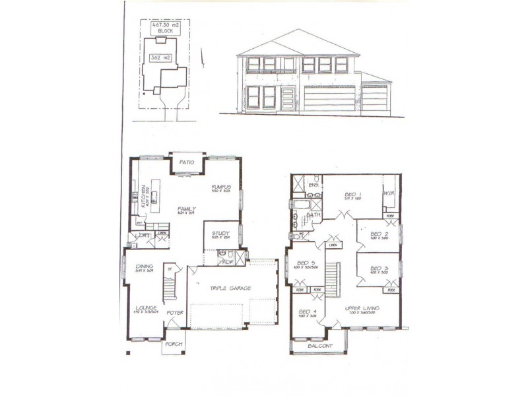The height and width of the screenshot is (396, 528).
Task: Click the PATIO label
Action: click(x=187, y=162)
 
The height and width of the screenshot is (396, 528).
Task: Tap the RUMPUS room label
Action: click(x=220, y=187)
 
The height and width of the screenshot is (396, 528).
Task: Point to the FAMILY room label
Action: click(x=187, y=209)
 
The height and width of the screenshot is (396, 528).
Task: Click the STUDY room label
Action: click(x=220, y=233)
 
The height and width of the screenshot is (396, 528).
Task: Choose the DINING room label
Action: click(x=140, y=267)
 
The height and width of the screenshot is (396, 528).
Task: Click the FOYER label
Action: click(x=174, y=312)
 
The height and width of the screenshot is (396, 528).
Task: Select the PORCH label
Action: click(x=173, y=343)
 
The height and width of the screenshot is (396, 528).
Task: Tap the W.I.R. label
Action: click(x=389, y=193)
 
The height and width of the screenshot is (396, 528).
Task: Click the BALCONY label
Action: click(x=319, y=345)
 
